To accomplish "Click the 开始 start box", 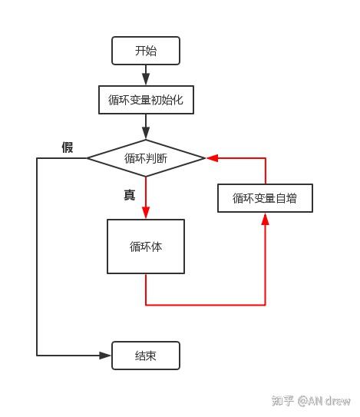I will (146, 51).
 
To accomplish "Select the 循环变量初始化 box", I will (146, 99).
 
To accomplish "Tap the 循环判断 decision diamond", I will (146, 158).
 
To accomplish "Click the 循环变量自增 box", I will (265, 198).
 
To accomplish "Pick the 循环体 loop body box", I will (146, 247).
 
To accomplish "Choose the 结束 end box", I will (146, 356).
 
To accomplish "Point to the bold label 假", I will (68, 147).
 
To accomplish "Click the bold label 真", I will (129, 195).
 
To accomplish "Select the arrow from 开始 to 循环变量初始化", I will (146, 75).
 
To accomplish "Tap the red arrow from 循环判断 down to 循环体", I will (146, 198).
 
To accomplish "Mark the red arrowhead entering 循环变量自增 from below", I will (266, 219).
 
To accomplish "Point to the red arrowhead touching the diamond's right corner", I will (212, 158).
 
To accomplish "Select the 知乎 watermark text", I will (283, 401).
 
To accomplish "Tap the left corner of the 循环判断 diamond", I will (88, 158).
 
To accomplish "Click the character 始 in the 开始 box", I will (152, 51).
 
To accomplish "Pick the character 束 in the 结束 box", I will (152, 356).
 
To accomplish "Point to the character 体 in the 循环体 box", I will (157, 247).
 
